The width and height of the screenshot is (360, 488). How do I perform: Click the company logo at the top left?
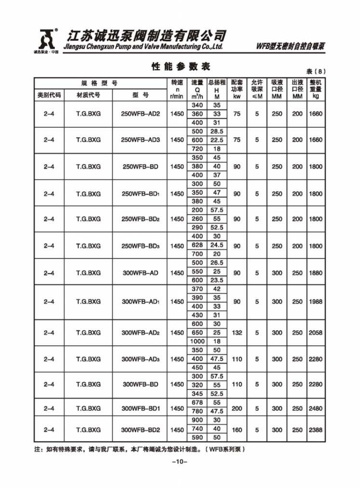pyautogui.click(x=46, y=40)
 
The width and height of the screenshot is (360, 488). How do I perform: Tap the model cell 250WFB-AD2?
pyautogui.click(x=140, y=114)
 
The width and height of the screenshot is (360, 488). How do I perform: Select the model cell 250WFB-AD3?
pyautogui.click(x=140, y=140)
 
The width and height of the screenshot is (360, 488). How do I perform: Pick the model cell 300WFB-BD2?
pyautogui.click(x=140, y=430)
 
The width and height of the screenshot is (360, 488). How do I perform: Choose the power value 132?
pyautogui.click(x=237, y=333)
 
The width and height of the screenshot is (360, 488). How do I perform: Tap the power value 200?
pyautogui.click(x=237, y=408)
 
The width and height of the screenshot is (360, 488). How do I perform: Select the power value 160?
pyautogui.click(x=237, y=430)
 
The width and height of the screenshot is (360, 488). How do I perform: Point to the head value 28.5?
pyautogui.click(x=217, y=131)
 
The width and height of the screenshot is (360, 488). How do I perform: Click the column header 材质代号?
pyautogui.click(x=88, y=96)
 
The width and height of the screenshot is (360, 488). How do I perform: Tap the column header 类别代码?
pyautogui.click(x=49, y=96)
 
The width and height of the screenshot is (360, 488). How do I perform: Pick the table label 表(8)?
pyautogui.click(x=315, y=72)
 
